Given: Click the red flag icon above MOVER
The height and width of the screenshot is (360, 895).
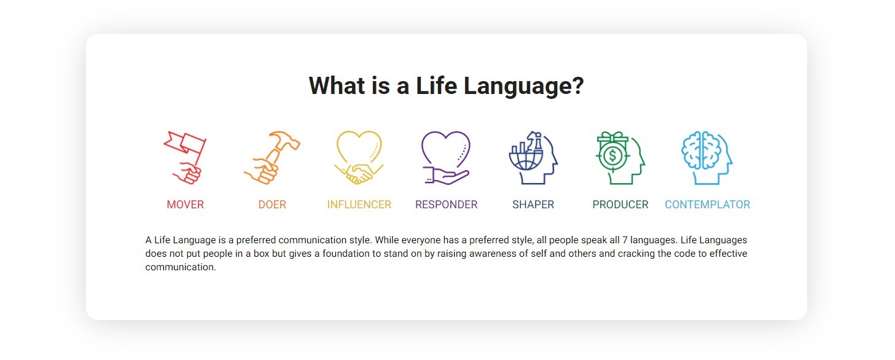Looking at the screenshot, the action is (x=185, y=157).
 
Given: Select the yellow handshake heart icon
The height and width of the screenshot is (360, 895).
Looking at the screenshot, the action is (x=359, y=157).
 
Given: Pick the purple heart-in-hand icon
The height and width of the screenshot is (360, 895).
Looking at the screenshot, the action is (x=446, y=157).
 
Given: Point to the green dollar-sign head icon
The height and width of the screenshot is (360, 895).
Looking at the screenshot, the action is (x=620, y=157).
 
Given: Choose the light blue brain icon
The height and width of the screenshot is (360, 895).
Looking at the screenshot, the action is (x=707, y=157).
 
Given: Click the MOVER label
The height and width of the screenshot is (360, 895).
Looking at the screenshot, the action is (x=186, y=205).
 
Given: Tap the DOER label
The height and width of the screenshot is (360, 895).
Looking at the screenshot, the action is (x=272, y=205).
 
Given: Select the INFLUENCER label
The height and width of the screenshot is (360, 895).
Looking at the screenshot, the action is (x=359, y=205).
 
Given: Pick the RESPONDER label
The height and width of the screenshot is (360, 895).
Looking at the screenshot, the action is (x=447, y=205).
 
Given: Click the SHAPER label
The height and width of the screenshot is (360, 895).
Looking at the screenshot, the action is (x=533, y=205).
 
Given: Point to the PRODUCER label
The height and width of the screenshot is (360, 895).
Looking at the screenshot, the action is (x=620, y=205).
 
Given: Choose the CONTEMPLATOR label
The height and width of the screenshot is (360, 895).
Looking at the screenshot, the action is (x=708, y=205).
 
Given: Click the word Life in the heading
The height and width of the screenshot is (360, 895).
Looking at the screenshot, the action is (x=436, y=85).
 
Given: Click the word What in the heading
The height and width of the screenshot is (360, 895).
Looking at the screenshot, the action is (x=337, y=85).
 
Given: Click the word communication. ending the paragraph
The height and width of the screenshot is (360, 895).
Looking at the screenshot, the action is (x=181, y=267).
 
